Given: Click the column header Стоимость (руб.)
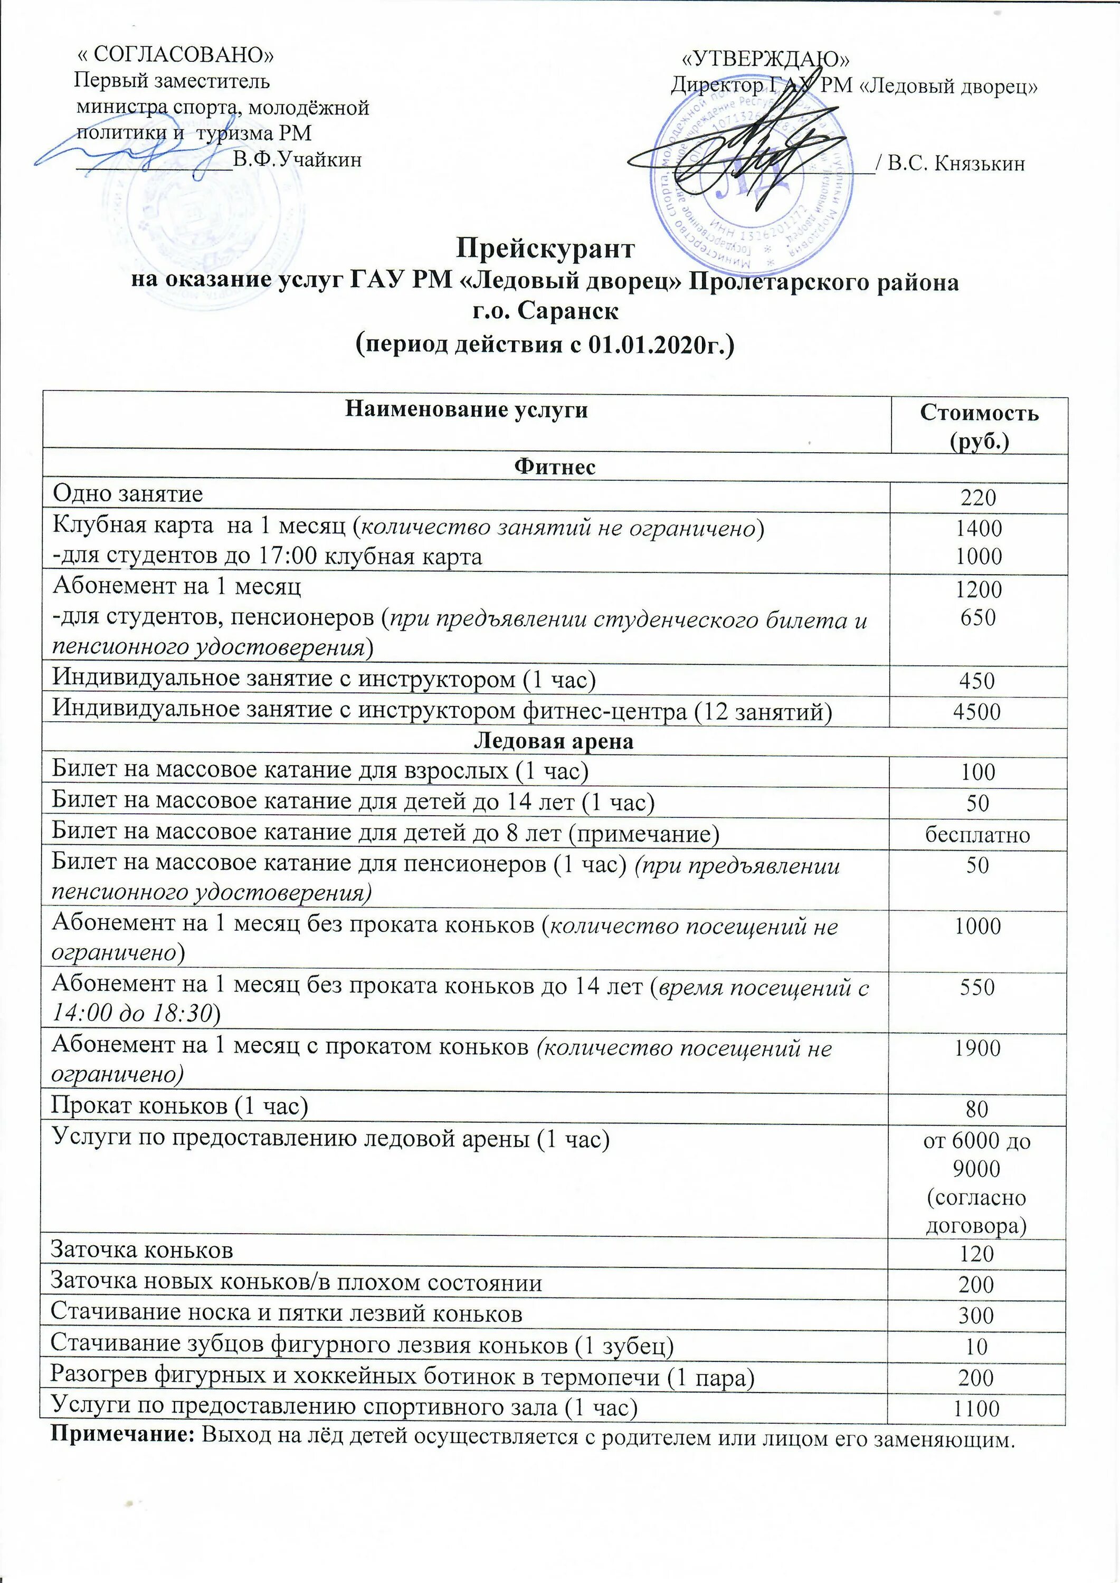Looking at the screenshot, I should click(x=979, y=426).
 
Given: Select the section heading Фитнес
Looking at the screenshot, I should click(x=555, y=467).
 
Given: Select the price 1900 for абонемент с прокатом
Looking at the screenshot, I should click(x=977, y=1048).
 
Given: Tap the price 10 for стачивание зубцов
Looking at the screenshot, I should click(x=977, y=1346).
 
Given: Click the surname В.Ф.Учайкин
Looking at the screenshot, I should click(x=297, y=160).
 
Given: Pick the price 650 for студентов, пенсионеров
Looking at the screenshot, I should click(x=977, y=617).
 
